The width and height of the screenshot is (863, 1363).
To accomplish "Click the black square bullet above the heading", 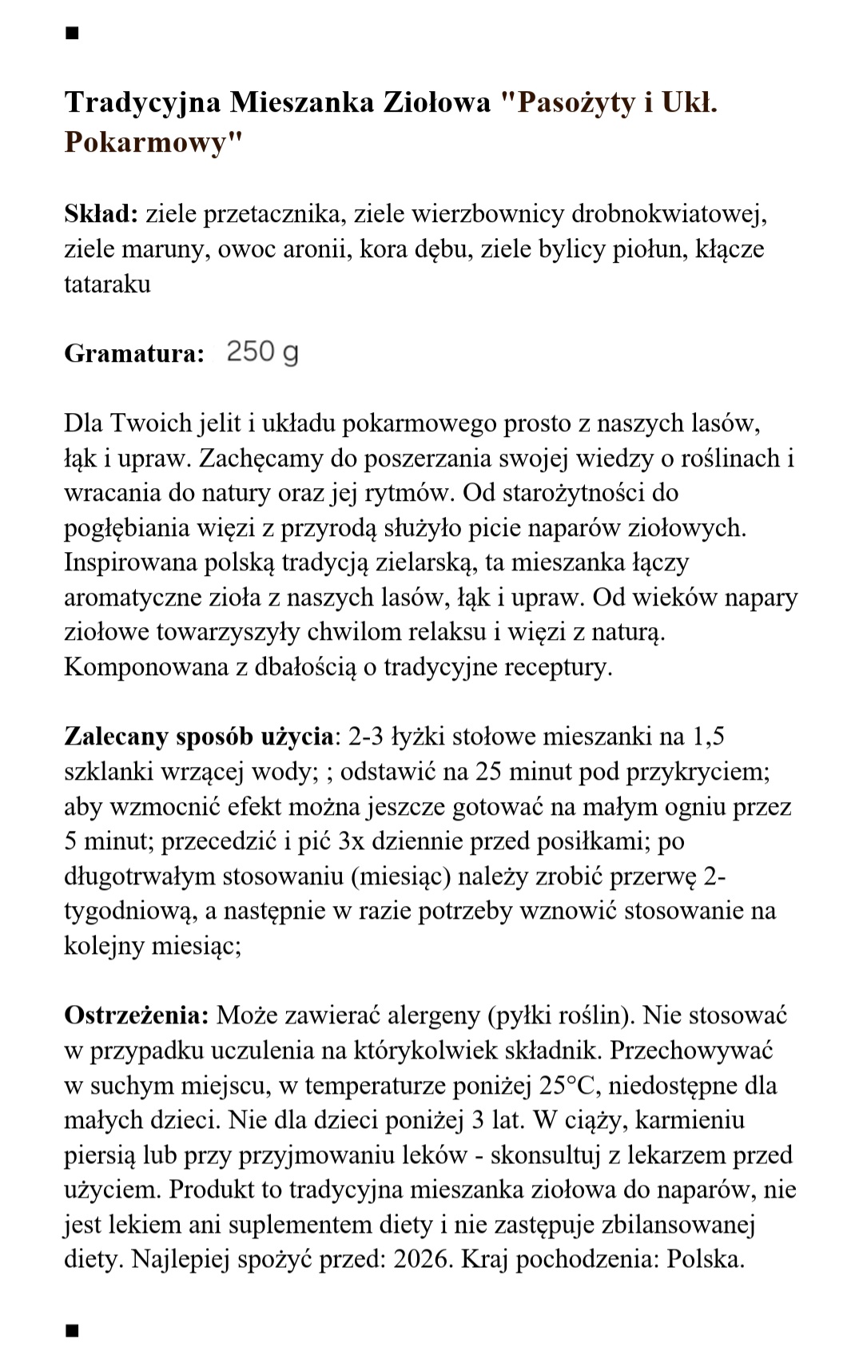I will [x=72, y=34].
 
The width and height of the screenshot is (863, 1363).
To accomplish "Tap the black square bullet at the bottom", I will [x=72, y=1330].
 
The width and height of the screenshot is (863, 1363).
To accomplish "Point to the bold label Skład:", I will [x=101, y=214].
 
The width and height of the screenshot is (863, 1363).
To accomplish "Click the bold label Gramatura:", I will [x=134, y=353].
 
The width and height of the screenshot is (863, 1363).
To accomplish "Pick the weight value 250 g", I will [x=262, y=352].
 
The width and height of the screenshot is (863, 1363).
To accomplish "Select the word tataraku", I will [x=107, y=284].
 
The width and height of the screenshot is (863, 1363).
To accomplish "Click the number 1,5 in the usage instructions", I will [x=708, y=736].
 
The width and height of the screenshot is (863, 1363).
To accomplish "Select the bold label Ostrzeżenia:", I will [x=137, y=1015].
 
